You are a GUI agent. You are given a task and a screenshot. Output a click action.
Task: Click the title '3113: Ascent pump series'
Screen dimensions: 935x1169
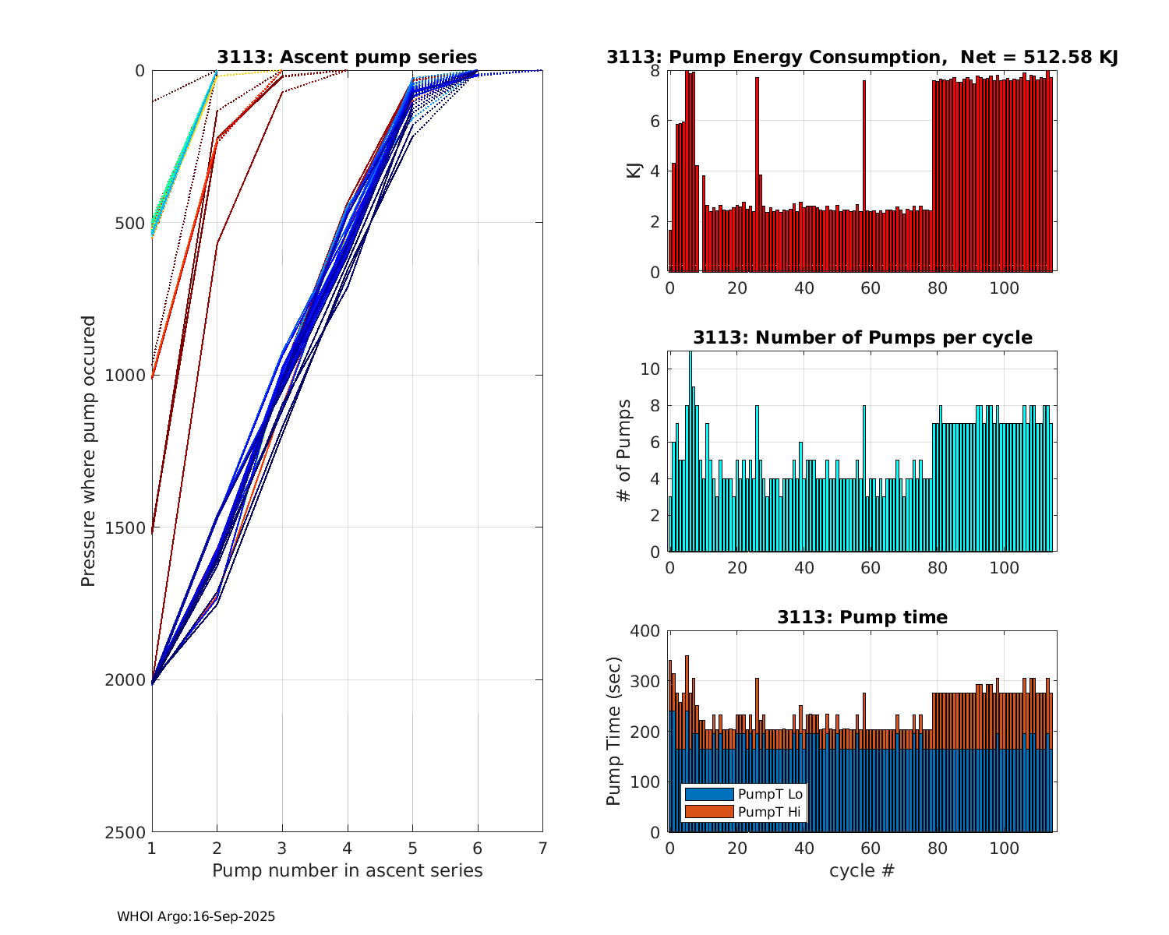pyautogui.click(x=347, y=57)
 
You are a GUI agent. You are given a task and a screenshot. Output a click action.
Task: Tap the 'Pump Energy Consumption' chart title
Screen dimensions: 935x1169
pyautogui.click(x=862, y=57)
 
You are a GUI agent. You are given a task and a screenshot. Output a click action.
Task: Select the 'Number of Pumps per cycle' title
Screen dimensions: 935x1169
pyautogui.click(x=862, y=337)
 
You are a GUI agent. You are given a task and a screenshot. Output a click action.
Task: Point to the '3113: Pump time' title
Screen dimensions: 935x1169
pyautogui.click(x=862, y=617)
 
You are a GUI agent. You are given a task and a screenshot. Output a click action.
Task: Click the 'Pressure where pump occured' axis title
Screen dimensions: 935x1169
pyautogui.click(x=88, y=451)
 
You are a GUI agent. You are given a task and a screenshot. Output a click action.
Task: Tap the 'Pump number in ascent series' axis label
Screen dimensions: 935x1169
pyautogui.click(x=347, y=870)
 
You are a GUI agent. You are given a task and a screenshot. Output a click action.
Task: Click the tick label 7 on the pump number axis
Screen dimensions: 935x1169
pyautogui.click(x=542, y=848)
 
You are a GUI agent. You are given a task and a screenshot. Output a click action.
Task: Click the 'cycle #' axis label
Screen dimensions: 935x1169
pyautogui.click(x=862, y=870)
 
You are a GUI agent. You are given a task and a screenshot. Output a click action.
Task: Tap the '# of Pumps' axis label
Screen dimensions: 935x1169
pyautogui.click(x=623, y=451)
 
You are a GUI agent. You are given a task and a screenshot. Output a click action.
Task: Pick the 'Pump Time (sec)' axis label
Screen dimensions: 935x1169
pyautogui.click(x=613, y=731)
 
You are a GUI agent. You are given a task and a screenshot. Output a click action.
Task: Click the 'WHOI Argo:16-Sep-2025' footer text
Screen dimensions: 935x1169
pyautogui.click(x=196, y=917)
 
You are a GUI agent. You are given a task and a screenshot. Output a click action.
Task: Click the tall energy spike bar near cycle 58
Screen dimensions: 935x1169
pyautogui.click(x=864, y=176)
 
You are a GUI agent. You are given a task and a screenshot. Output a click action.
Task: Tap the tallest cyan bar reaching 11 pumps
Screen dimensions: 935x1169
pyautogui.click(x=690, y=452)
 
